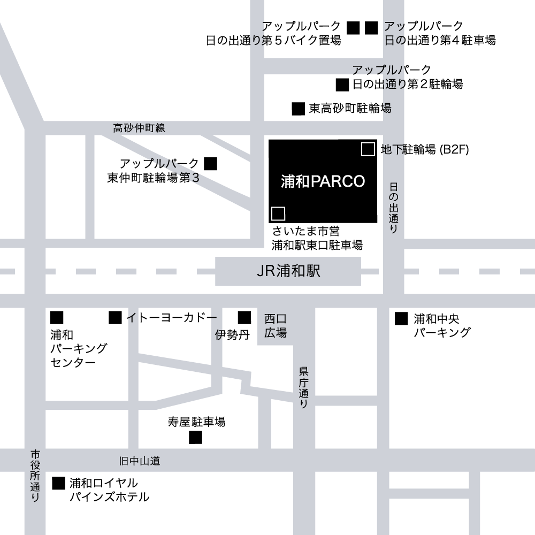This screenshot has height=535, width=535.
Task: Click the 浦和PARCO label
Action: click(x=323, y=181)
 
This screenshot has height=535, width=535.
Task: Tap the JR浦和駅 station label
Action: click(x=288, y=271)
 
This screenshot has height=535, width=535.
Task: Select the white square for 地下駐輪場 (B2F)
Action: click(x=368, y=149)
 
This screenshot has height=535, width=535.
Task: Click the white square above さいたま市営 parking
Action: click(x=278, y=213)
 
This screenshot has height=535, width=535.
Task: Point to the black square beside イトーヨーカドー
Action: click(x=115, y=318)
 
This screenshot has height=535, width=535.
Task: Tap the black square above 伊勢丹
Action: click(x=244, y=318)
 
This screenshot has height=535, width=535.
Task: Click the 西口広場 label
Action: click(x=276, y=326)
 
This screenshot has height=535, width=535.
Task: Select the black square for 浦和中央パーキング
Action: click(x=401, y=319)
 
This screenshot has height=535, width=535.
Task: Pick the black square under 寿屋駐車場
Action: click(x=196, y=438)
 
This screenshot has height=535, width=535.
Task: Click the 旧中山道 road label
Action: click(x=139, y=461)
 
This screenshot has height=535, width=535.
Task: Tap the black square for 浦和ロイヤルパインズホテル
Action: click(x=58, y=483)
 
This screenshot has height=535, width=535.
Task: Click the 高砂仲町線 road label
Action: click(x=139, y=128)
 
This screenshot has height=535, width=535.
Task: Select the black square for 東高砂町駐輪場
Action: click(x=298, y=109)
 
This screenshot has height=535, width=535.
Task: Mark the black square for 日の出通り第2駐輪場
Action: click(x=342, y=85)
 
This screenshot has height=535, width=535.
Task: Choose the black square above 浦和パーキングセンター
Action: click(x=57, y=318)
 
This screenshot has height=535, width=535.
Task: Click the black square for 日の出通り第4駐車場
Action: click(x=371, y=27)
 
